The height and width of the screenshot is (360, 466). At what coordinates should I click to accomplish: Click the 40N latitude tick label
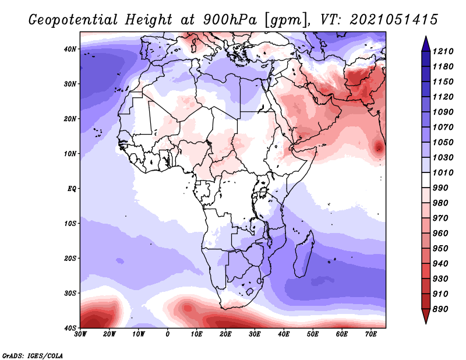tap(70, 49)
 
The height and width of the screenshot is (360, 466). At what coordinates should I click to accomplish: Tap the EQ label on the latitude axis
tap(72, 189)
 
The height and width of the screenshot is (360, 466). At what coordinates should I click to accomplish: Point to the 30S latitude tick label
tap(70, 293)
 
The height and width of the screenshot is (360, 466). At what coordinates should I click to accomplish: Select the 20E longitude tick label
tap(225, 334)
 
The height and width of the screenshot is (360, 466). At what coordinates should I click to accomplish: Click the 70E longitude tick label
tap(370, 334)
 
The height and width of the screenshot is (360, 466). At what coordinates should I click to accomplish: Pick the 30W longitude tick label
tap(80, 334)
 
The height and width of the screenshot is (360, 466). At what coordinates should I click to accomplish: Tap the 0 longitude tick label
tap(168, 334)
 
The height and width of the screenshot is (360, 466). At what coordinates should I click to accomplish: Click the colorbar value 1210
tap(443, 51)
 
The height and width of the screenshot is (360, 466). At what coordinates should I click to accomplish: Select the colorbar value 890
tap(440, 309)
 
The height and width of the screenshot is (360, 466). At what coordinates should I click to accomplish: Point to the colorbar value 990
tap(440, 188)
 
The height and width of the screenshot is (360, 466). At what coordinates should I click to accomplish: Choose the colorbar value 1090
tap(443, 112)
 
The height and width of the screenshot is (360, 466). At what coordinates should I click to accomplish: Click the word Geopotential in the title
tap(73, 20)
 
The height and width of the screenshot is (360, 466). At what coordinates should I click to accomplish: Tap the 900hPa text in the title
tap(230, 20)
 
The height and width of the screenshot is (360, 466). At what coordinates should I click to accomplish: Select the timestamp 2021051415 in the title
tap(394, 20)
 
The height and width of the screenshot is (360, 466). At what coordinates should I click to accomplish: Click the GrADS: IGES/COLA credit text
tap(33, 355)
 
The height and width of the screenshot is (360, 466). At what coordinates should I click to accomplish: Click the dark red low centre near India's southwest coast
tap(379, 147)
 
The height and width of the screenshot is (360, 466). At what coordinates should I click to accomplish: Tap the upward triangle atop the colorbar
tap(426, 44)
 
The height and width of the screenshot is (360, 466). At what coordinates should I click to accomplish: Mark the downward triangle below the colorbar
tap(426, 316)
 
